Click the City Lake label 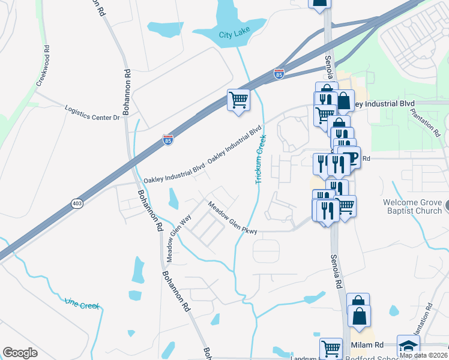[234, 34]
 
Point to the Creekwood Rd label [43, 66]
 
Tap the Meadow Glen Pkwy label [232, 218]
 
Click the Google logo [20, 353]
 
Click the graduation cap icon [408, 346]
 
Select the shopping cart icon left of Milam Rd [331, 347]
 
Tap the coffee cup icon [350, 157]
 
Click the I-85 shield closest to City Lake [279, 73]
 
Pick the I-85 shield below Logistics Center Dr [169, 140]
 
